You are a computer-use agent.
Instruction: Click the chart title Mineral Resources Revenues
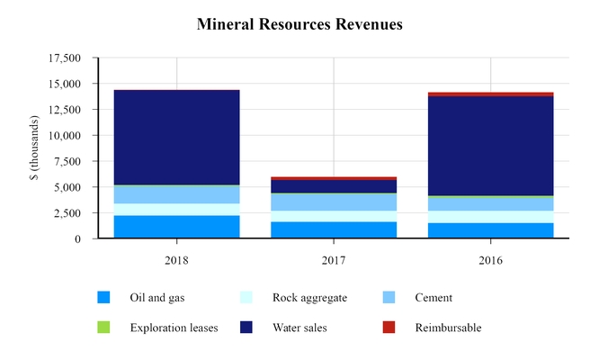[299, 24]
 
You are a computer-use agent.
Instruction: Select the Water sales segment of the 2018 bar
[176, 137]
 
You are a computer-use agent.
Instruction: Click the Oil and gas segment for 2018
[176, 227]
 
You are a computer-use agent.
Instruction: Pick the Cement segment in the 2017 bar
[334, 202]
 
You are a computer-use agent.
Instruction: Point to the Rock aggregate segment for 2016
[490, 217]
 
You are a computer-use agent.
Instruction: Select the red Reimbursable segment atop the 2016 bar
[490, 94]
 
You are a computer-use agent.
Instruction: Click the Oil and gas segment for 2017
[334, 229]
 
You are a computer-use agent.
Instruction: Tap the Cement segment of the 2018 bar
[176, 194]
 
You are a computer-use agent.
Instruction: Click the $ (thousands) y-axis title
[33, 148]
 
